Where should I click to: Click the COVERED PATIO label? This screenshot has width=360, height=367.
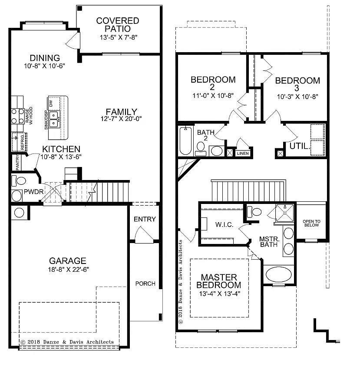tap(118, 24)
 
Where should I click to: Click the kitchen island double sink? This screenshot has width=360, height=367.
tap(54, 116)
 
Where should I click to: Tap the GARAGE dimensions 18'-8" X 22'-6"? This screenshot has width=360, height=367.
tap(67, 270)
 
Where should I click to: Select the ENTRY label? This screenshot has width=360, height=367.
tap(145, 219)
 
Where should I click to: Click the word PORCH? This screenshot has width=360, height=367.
tap(145, 284)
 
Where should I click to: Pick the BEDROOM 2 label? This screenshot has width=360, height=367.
tap(213, 83)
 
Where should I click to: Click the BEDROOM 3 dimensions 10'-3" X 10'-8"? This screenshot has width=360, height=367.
tap(297, 97)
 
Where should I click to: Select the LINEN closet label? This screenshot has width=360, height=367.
tap(242, 153)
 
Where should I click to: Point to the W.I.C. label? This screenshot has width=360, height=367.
tap(225, 225)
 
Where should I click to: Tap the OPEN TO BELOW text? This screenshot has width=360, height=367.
tap(311, 223)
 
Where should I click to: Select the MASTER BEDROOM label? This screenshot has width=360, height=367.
tap(218, 281)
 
